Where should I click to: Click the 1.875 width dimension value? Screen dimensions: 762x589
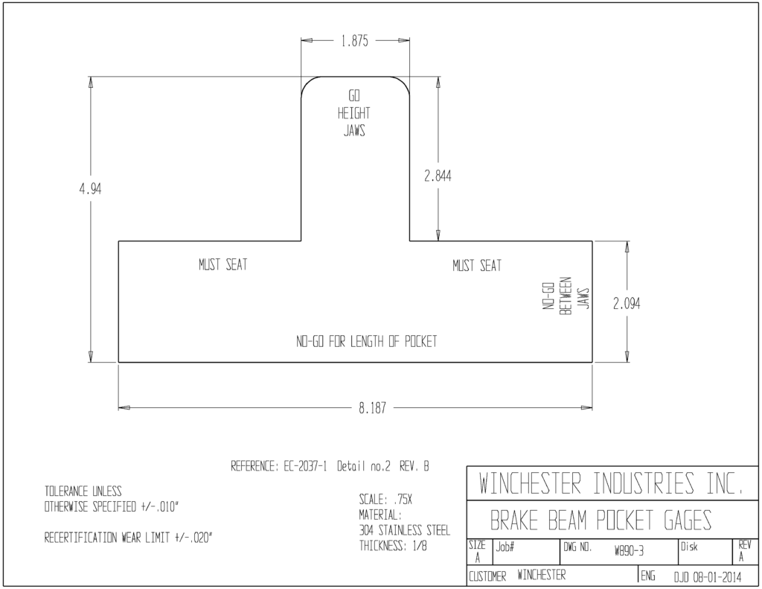click(x=354, y=41)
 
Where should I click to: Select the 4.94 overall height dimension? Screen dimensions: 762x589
click(x=90, y=188)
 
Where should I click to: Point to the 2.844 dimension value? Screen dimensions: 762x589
click(x=438, y=176)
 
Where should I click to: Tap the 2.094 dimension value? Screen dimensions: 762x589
click(x=627, y=304)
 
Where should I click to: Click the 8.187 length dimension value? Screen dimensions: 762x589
click(x=372, y=408)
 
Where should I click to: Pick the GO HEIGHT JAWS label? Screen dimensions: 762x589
click(x=353, y=113)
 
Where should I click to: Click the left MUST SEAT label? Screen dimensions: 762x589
click(x=223, y=264)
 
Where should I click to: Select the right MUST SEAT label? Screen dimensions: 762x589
click(x=477, y=266)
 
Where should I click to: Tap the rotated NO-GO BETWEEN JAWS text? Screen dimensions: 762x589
click(x=566, y=296)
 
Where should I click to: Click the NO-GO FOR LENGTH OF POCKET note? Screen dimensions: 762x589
click(x=366, y=342)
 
